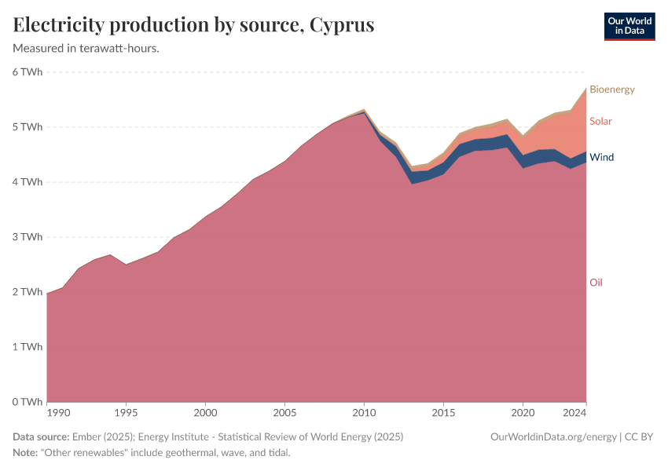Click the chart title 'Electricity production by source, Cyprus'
193,25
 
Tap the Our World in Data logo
629,26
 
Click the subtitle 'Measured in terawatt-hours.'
86,49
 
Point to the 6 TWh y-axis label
27,72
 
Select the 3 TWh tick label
27,237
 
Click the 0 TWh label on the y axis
27,402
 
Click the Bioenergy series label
611,89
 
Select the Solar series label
600,122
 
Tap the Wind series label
601,158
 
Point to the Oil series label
596,283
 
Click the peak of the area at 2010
364,110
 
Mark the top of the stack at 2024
585,88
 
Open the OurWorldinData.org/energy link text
552,436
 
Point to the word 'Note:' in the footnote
27,453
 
